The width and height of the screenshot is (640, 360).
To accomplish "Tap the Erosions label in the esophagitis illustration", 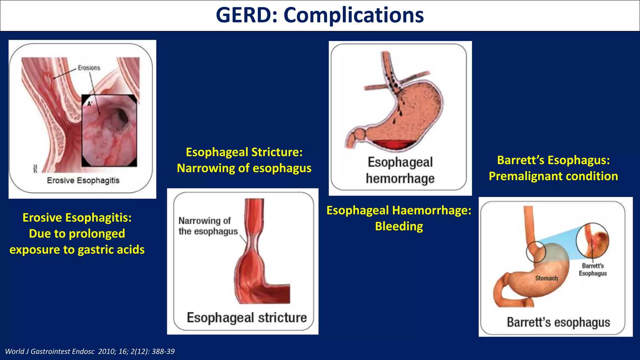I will pos(89,68).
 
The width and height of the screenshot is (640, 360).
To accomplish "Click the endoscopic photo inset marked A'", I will pos(109,131).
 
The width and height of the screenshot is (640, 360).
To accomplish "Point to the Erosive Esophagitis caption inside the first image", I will pos(83,180).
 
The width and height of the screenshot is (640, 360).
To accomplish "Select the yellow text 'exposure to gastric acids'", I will pos(77,250).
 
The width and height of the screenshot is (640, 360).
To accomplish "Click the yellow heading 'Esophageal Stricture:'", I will pos(244,152).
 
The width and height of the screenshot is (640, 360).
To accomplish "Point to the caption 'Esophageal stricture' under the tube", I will pos(247,317).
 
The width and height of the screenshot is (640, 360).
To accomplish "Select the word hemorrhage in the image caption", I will pos(400,178).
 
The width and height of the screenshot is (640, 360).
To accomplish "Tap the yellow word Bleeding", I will pos(399,226).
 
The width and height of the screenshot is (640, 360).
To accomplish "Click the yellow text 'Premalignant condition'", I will pos(553,176).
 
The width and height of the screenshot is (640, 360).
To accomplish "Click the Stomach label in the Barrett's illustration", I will pos(546,278).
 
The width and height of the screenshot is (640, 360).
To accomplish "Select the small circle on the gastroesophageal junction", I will pos(536,252).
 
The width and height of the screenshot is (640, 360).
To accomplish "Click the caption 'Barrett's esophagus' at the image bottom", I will pos(558,322).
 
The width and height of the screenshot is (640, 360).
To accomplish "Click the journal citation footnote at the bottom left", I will pos(90,351).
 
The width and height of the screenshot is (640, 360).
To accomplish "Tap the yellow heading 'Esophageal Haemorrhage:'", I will pos(399,210).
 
